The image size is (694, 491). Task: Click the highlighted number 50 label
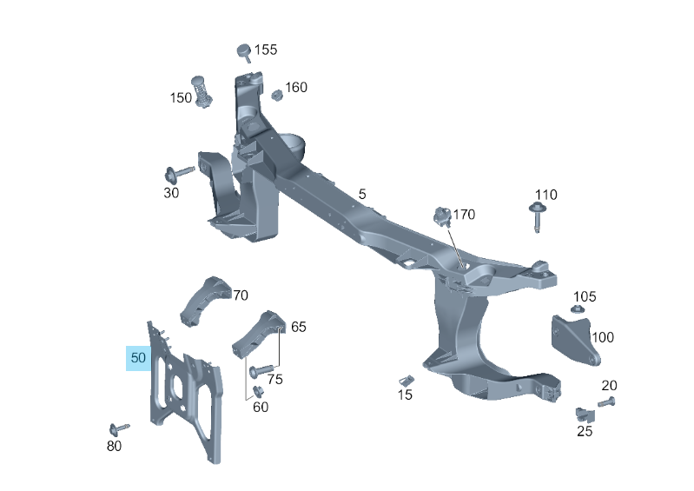point(139,357)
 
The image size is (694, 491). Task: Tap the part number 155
point(266,50)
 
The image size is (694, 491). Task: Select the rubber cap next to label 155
point(244,51)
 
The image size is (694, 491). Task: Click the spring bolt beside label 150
point(203,90)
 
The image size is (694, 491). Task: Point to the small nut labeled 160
point(277,93)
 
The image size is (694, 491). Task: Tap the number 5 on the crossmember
point(362,194)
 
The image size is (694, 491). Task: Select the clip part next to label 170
point(442,216)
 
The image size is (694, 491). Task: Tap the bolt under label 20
point(606,401)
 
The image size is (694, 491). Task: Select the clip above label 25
point(584,413)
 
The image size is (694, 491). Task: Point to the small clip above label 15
point(406,380)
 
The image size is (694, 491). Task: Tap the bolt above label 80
point(118,428)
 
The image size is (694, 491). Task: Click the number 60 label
point(261,407)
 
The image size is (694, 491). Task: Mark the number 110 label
point(546,195)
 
